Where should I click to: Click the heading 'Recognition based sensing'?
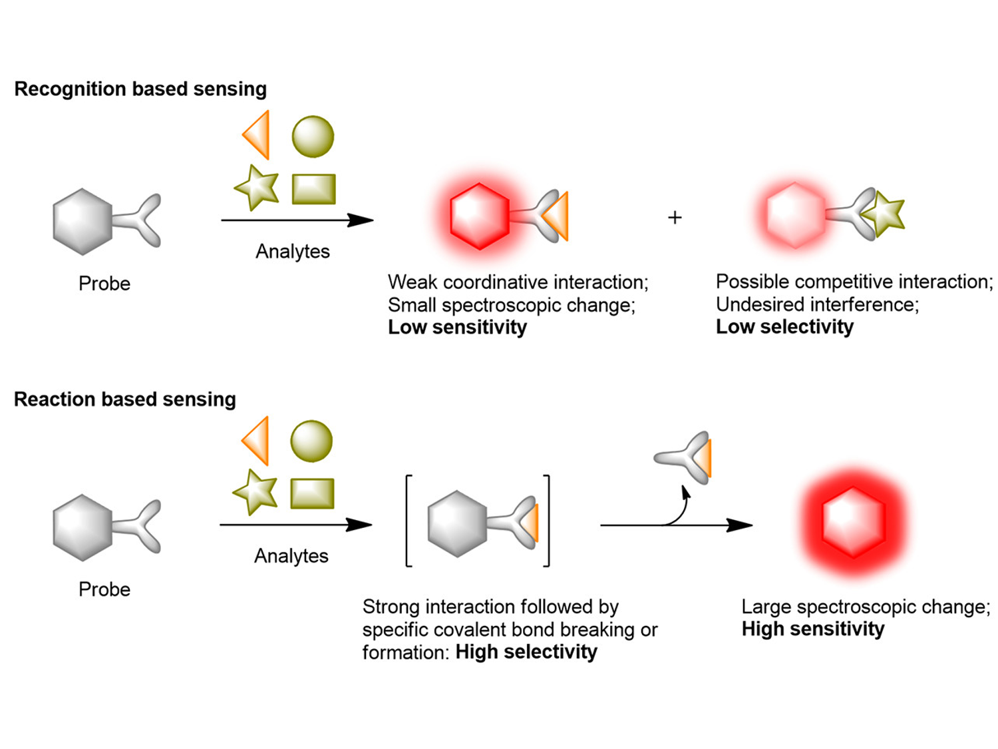tap(140, 89)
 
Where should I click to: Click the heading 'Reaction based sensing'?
tap(125, 399)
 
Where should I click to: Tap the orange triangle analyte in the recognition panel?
tap(258, 134)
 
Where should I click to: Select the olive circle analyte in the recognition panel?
tap(313, 136)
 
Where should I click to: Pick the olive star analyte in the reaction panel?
tap(255, 492)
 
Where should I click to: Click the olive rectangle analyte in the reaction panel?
tap(312, 493)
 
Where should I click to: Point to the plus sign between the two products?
tap(675, 218)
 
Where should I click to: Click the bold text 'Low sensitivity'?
tap(457, 328)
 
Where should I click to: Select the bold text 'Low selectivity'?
tap(784, 327)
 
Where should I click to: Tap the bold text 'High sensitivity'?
tap(813, 629)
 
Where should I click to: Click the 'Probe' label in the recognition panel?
tap(104, 284)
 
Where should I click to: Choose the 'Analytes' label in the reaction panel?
tap(291, 556)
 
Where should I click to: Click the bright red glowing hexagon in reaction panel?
tap(854, 521)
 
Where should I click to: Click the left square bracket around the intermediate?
tap(409, 521)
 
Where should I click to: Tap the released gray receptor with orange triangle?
tap(685, 457)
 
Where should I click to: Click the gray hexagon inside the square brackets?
tap(457, 524)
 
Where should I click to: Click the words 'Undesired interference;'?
tap(817, 305)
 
